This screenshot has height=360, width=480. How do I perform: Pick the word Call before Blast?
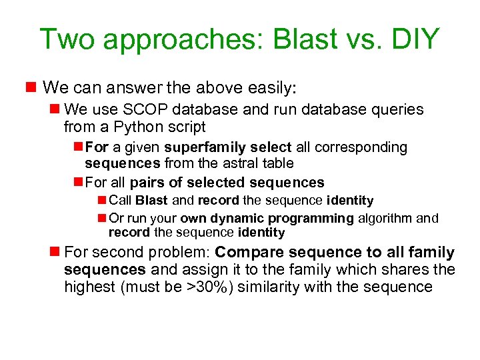click(x=120, y=201)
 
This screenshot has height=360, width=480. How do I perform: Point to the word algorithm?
click(x=385, y=218)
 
